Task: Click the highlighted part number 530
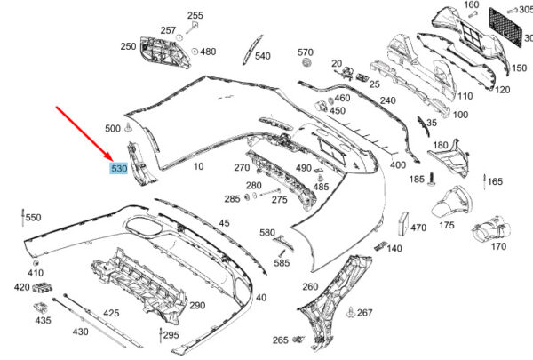point(117,167)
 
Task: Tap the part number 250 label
point(128,46)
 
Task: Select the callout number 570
point(306,52)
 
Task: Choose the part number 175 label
point(446,226)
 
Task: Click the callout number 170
point(498,246)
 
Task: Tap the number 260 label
point(309,286)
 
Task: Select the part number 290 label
point(197,306)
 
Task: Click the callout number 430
point(80,332)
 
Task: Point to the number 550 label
point(33,217)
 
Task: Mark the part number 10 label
point(197,166)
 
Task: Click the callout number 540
point(262,56)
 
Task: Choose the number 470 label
point(418,228)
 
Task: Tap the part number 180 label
point(441,144)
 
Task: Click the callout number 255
point(195,15)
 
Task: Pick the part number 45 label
point(224,222)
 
